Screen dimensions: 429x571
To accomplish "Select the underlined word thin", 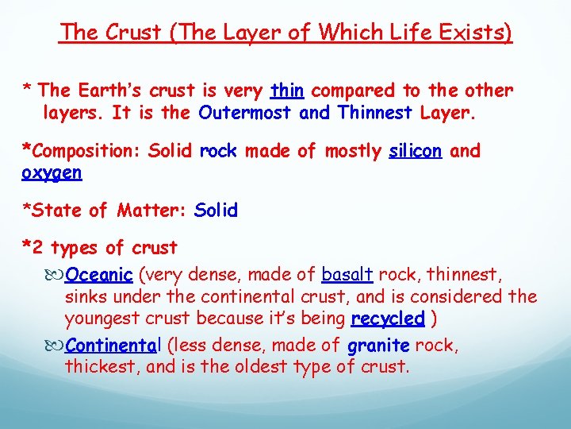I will click(x=288, y=91).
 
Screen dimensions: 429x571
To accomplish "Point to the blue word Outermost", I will click(x=246, y=113).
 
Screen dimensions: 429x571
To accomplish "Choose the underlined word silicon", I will click(x=415, y=151).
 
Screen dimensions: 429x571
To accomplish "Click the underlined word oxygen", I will click(x=53, y=172).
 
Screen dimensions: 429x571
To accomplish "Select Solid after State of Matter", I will click(x=216, y=211).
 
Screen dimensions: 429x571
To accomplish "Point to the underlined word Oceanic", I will click(x=99, y=276).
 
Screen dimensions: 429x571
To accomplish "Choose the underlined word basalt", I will click(x=347, y=276).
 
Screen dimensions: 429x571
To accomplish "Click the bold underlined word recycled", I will click(x=388, y=319).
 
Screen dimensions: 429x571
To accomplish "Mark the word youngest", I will click(x=102, y=319).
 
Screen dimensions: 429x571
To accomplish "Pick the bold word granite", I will click(x=378, y=346).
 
